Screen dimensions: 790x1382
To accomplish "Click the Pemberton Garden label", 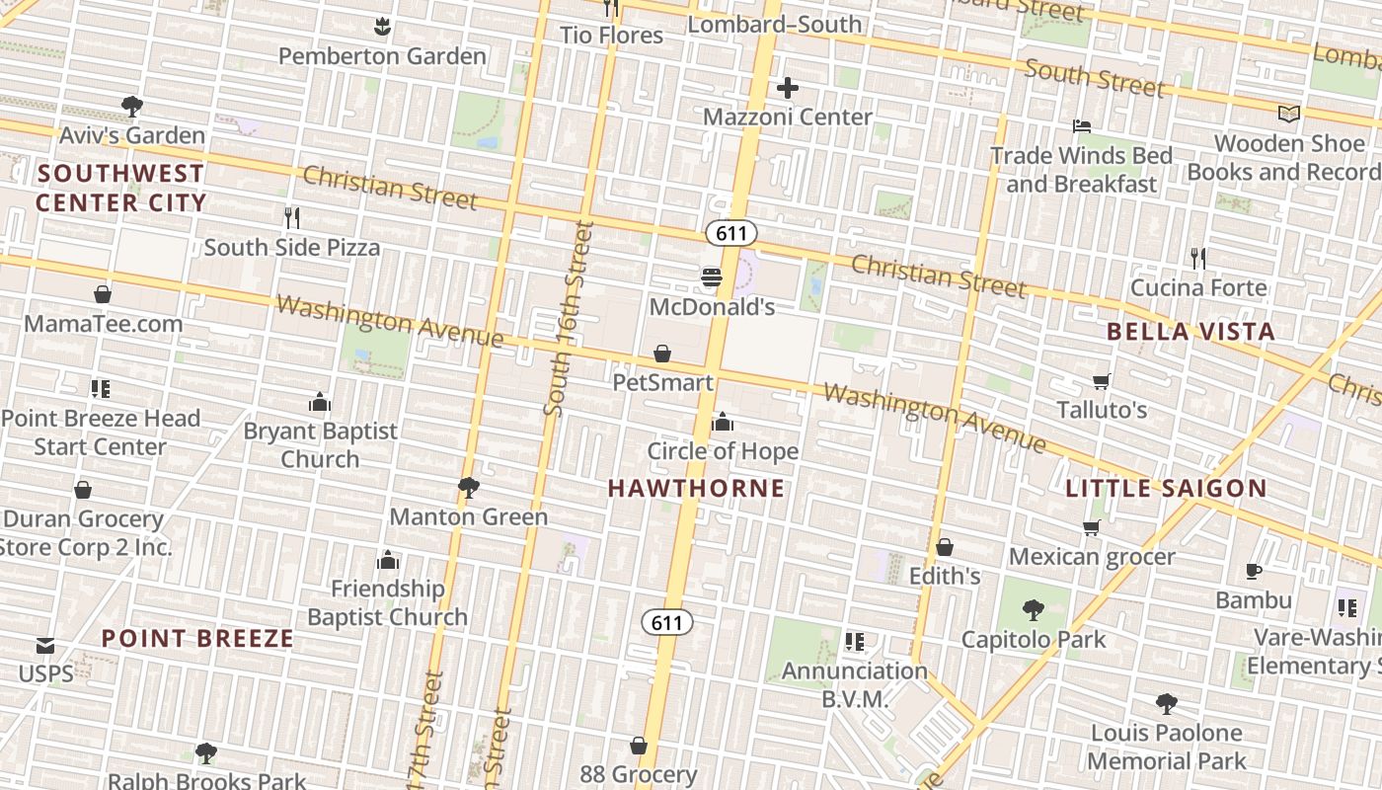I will (382, 56).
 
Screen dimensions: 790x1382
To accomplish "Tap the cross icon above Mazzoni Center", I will (787, 89).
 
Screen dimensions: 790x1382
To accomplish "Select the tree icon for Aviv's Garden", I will (131, 106).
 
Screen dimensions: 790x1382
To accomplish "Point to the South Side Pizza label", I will (291, 247).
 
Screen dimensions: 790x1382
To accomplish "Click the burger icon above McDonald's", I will (711, 277).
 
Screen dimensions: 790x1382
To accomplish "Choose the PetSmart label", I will (662, 381).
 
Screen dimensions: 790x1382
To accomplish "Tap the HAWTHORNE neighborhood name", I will (696, 488).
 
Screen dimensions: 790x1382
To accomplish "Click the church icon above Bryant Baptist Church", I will (319, 402).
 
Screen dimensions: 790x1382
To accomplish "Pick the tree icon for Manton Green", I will (468, 488).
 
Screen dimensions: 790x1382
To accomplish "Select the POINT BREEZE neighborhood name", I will (197, 638).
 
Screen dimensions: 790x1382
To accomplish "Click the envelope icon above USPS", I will (45, 646).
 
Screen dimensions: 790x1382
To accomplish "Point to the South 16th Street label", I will (568, 318).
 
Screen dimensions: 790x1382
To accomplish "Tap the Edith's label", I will (945, 576).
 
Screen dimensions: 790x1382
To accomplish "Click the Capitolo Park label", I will (1034, 639).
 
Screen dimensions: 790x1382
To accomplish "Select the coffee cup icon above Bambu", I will (1254, 571).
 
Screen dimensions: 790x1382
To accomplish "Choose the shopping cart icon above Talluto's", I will (1102, 381).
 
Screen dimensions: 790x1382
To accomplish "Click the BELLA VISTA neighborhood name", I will (1190, 332).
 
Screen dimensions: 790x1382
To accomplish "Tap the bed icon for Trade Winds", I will (1082, 126).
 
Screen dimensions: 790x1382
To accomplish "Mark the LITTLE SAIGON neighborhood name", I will (1166, 488).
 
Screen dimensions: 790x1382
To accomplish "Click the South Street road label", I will (1095, 77).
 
